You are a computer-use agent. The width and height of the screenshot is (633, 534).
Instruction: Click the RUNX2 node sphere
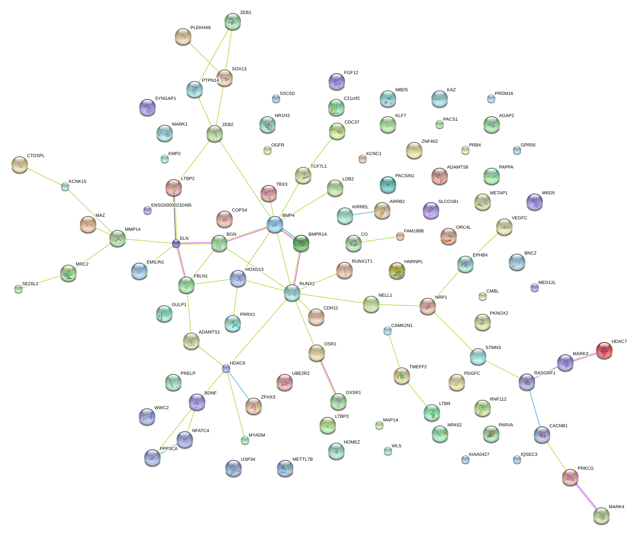pos(292,293)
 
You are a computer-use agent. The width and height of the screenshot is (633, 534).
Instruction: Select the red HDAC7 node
pos(604,350)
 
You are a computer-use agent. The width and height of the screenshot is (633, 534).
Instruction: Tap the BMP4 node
pos(275,224)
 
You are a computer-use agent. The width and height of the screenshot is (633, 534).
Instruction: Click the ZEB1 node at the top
pos(232,21)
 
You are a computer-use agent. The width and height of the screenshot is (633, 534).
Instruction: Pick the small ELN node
pos(176,244)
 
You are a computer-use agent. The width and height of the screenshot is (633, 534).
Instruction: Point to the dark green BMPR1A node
pos(301,243)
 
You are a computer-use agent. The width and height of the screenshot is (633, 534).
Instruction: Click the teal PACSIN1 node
pos(388,185)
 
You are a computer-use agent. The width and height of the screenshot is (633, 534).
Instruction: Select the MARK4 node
pos(601,516)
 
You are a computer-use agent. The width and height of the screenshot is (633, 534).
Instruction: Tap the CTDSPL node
pos(19,164)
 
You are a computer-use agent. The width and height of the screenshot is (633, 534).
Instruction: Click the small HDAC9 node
pos(226,368)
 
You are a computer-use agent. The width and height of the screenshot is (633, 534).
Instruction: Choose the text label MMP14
pos(133,230)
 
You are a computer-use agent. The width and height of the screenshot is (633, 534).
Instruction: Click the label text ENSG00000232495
pos(171,205)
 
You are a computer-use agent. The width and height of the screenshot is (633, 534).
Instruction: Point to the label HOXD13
pos(254,270)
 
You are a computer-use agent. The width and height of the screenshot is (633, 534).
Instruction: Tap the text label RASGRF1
pos(545,373)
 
